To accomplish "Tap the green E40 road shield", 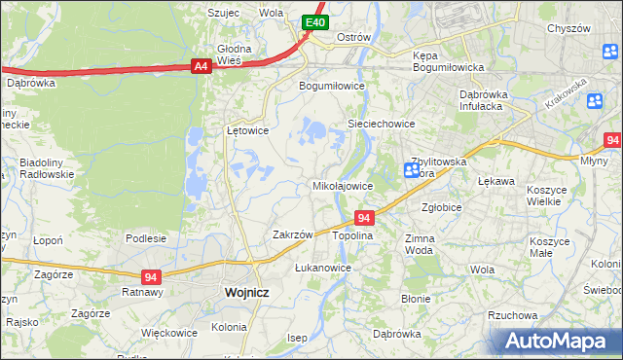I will tap(313, 21).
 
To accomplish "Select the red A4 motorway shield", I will tap(201, 66).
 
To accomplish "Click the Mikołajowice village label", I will tap(342, 185).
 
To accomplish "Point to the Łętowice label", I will tap(247, 129).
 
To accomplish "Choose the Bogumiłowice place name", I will tap(331, 85).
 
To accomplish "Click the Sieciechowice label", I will tap(383, 125).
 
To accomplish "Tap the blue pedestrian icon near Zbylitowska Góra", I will tap(412, 170).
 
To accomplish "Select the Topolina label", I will tap(352, 235).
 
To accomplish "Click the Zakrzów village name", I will tap(292, 234).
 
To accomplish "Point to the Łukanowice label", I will tap(323, 267).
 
